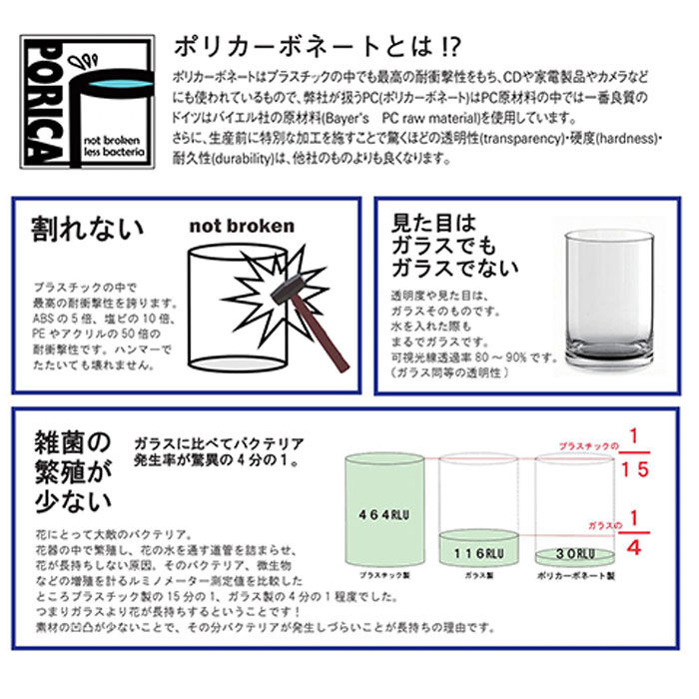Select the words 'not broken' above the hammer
pyautogui.click(x=242, y=226)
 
